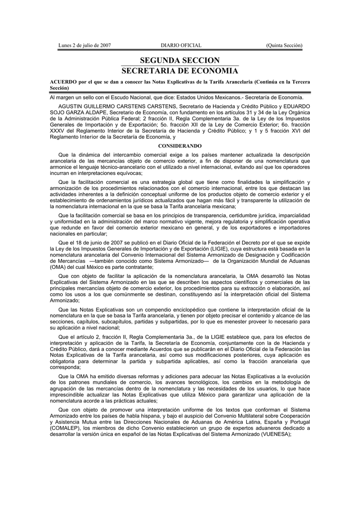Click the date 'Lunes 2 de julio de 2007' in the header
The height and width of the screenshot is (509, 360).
(84, 46)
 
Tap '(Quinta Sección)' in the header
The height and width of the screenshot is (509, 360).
(284, 46)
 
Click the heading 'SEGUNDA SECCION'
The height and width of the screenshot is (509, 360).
(180, 60)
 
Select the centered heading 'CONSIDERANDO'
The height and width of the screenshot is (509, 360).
(180, 146)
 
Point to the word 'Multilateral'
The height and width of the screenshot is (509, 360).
(241, 416)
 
